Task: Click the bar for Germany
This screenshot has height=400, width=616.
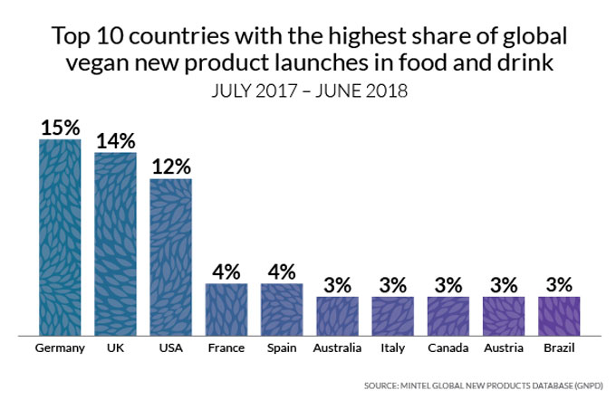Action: pos(60,236)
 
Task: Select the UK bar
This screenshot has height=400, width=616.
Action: pos(115,243)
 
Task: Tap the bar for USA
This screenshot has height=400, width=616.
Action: pos(170,256)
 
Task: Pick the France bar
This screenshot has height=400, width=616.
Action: pos(226,309)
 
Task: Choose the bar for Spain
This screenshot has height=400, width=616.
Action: pos(282,309)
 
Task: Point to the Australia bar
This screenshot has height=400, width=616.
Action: pos(337,315)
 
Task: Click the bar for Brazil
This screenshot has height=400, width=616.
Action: pos(559,315)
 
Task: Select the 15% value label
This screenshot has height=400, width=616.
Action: pos(60,127)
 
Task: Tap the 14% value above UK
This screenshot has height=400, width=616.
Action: pos(115,140)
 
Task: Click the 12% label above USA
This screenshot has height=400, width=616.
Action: pos(170,167)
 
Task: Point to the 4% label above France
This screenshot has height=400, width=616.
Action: pos(226,271)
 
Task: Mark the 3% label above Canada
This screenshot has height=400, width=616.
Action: pos(448,284)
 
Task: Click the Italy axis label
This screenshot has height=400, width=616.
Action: pos(392,348)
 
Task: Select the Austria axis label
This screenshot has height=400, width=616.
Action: pos(504,348)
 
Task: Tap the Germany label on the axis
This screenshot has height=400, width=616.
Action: pos(60,348)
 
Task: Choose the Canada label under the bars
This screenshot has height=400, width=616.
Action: pos(448,348)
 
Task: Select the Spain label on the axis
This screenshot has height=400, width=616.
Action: pos(282,348)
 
